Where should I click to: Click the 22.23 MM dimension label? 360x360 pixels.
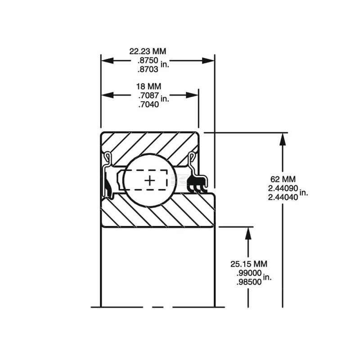coord(148,51)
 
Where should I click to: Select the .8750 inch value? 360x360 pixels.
coord(148,60)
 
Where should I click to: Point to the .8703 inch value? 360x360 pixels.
coord(148,69)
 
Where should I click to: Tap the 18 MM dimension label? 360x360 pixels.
coord(149,86)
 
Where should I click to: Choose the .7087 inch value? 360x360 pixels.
coord(149,95)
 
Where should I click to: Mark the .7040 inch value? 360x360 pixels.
coord(149,104)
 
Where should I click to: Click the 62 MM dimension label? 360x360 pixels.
coord(283,179)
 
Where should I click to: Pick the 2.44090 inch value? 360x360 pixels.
coord(283,188)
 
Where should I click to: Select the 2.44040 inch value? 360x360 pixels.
coord(283,197)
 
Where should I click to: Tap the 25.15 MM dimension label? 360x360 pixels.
coord(249,264)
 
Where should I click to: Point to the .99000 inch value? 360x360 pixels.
coord(249,273)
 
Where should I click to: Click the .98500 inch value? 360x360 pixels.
coord(249,282)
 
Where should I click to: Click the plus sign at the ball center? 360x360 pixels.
coord(150,181)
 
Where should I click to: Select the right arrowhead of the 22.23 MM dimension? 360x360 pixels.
coord(208,61)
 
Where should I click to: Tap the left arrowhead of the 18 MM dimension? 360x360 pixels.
coord(108,95)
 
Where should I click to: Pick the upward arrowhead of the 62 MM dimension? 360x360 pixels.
coord(283,139)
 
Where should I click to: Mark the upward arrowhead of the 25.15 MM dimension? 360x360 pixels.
coord(248,233)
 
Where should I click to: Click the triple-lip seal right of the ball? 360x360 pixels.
coord(198,184)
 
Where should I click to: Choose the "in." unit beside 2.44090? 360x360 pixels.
coord(303,193)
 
